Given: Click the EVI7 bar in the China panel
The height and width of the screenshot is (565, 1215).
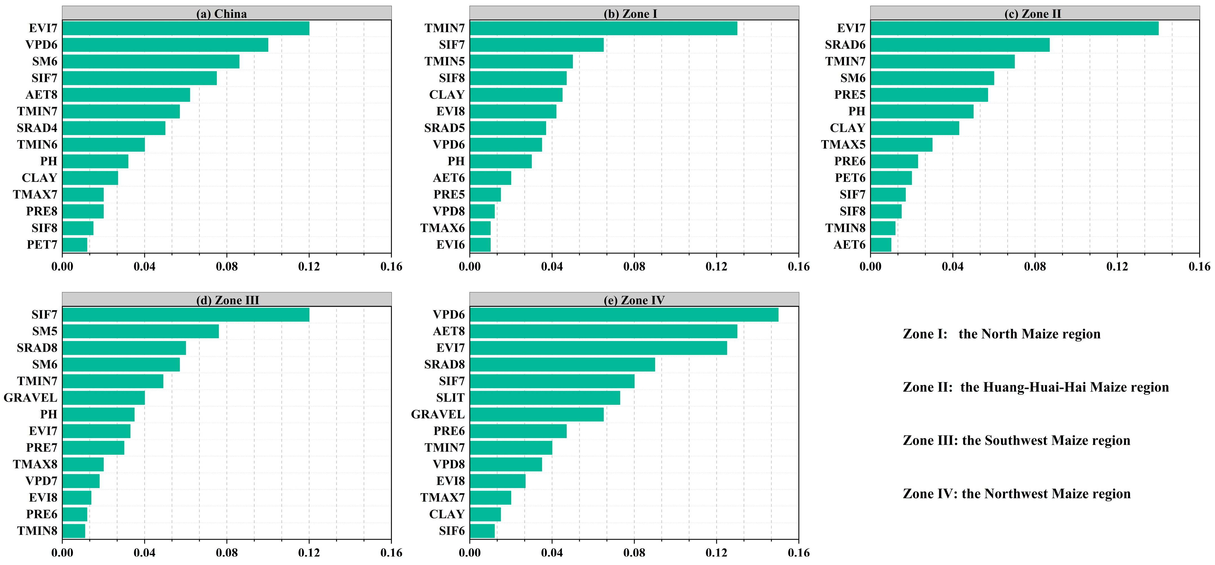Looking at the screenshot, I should (185, 28).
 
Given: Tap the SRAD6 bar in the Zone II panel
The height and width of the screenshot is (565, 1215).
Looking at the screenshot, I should (960, 45).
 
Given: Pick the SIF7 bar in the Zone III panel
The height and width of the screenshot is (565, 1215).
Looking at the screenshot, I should (185, 315).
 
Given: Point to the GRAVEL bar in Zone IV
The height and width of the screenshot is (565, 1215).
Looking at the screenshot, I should (536, 414).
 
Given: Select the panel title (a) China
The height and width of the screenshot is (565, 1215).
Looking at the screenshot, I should (221, 14).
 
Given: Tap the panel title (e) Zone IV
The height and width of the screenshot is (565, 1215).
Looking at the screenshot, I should (634, 300).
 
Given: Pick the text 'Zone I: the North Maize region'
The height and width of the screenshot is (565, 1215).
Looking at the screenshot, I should (1001, 334).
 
